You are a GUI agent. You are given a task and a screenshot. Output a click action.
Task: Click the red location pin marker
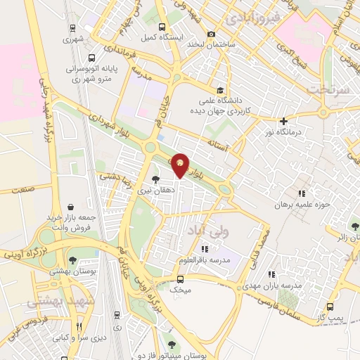(x=181, y=165)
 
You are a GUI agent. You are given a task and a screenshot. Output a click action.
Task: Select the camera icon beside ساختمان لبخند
(x=212, y=34)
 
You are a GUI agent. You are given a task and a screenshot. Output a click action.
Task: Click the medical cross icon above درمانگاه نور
(x=284, y=121)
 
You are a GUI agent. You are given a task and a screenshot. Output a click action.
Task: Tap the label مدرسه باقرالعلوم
(x=205, y=259)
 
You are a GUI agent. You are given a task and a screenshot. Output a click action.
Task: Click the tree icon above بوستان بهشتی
(x=72, y=261)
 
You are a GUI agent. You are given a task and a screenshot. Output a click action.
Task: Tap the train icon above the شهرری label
(x=72, y=29)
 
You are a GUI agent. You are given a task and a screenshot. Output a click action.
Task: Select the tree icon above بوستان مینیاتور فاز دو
(x=172, y=345)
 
